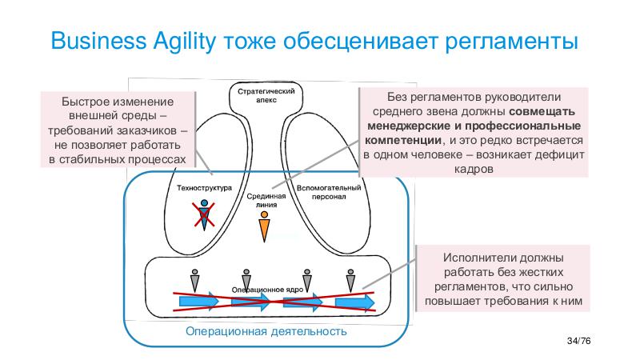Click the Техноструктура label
[x=204, y=189]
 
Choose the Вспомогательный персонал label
[x=329, y=192]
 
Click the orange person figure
[x=265, y=229]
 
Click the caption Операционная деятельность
[x=266, y=331]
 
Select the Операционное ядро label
[x=265, y=289]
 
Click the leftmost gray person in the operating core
[x=194, y=280]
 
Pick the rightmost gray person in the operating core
[x=350, y=280]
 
